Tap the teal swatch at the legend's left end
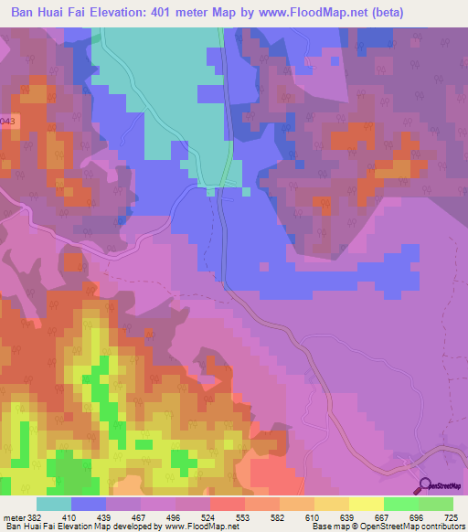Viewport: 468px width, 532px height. coord(54,505)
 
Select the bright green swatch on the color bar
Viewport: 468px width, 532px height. coord(400,505)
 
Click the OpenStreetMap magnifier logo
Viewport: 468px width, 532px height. coord(424,485)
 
